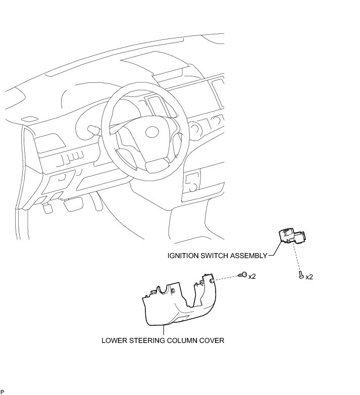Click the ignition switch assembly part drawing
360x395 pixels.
coord(291,237)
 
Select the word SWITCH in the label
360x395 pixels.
coord(216,256)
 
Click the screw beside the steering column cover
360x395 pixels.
coord(244,275)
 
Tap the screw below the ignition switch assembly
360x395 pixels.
coord(301,276)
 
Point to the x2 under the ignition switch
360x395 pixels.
coord(310,277)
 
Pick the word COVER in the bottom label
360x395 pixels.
coord(212,340)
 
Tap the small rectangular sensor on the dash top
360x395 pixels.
coord(29,120)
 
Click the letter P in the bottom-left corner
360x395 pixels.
coord(2,391)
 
